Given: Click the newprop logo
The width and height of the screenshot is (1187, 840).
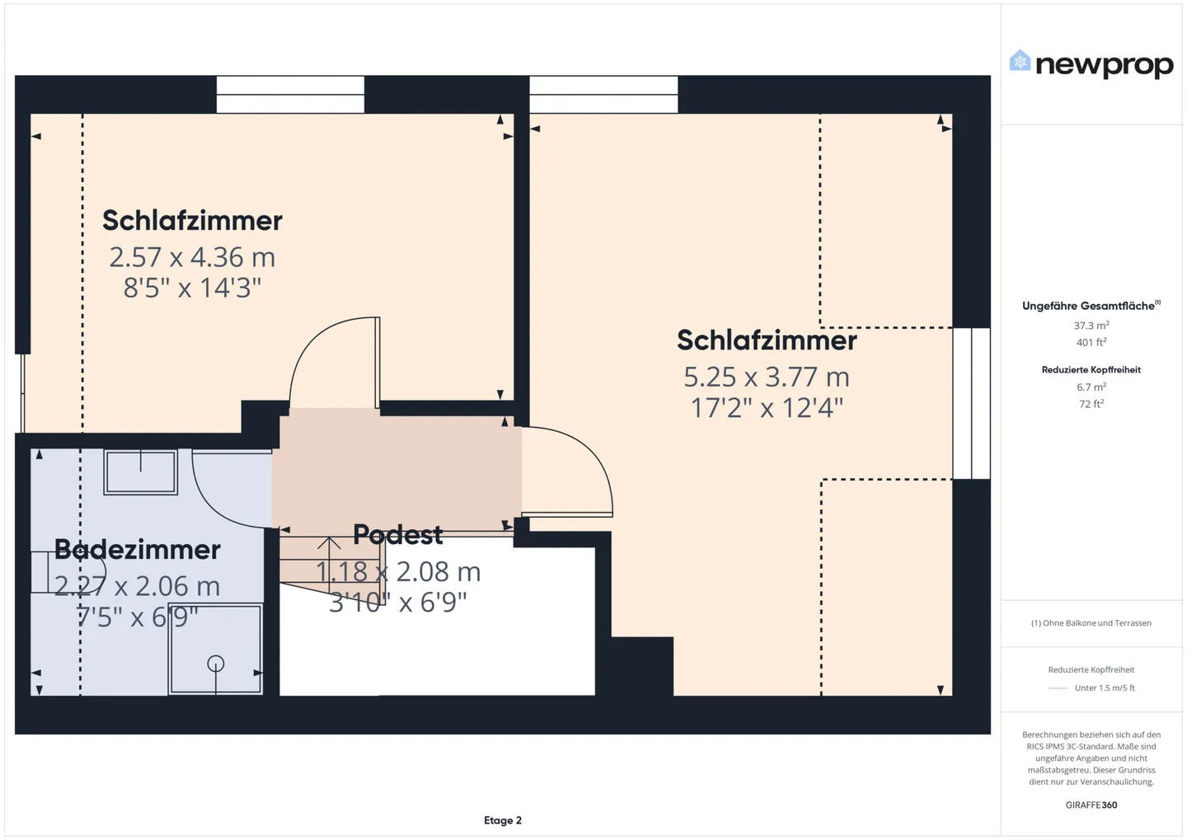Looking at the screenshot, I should pos(1091,63).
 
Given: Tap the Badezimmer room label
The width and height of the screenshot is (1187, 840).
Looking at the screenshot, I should pos(138,550).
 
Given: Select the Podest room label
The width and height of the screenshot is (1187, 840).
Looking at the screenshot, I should pos(397,535).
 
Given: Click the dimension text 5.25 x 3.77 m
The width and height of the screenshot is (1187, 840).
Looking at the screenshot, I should pos(766,377).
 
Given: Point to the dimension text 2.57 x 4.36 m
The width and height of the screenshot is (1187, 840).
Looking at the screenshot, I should pos(192,257).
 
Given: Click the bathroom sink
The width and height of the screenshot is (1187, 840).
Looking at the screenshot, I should pos(140,472).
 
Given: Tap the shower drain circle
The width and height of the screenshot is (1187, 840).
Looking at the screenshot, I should pos(216,663).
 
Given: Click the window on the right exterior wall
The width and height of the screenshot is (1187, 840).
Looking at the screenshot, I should pos(971,403).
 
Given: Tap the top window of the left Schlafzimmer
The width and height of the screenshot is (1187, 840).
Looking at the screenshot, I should pos(290,95).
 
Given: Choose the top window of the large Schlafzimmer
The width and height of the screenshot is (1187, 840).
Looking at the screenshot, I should pos(603,95).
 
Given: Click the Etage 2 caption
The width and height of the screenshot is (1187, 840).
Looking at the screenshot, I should pos(503,820).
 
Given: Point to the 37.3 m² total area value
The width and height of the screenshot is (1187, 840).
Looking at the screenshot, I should pos(1091,326).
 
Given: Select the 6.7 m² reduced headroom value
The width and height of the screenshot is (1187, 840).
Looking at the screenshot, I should pos(1091,387).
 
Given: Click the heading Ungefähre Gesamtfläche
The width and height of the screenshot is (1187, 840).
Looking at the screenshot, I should pos(1089,306).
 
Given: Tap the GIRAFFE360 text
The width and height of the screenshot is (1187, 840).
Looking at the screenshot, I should pos(1091,805).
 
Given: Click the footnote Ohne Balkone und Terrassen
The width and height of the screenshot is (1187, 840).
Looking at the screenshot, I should pos(1091,623).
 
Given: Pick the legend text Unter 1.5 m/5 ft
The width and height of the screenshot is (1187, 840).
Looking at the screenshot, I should pos(1104,687).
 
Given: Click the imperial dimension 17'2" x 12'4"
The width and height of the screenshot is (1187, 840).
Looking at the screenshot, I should pos(766,408).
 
